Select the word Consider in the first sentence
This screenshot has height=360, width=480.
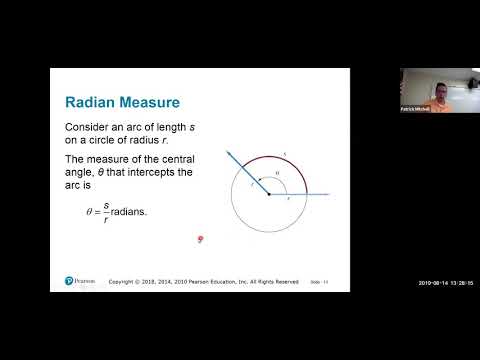[x=88, y=128]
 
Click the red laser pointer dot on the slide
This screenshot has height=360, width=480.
[x=201, y=238]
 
